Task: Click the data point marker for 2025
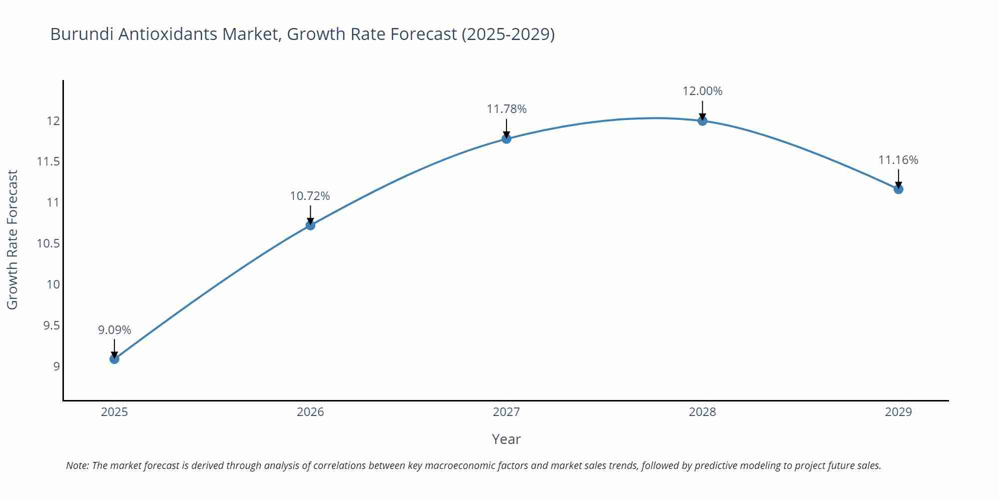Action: [114, 358]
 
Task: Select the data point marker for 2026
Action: [310, 225]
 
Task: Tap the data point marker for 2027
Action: [506, 138]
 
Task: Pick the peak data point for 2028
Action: [702, 120]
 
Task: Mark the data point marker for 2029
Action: [898, 189]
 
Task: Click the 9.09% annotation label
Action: [114, 330]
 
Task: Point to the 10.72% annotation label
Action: [310, 196]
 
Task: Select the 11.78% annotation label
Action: [506, 109]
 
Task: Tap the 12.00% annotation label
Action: [702, 91]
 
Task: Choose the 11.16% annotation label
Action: [898, 160]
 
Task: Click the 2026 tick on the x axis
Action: [310, 412]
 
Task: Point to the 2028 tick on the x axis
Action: [702, 412]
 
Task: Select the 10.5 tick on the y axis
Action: [48, 243]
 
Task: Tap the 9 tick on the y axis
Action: [56, 366]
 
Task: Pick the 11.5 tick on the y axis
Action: [48, 161]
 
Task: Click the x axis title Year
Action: [506, 439]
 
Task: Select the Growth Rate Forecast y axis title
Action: [12, 239]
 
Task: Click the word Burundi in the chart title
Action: [82, 34]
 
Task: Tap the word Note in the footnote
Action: [76, 465]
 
